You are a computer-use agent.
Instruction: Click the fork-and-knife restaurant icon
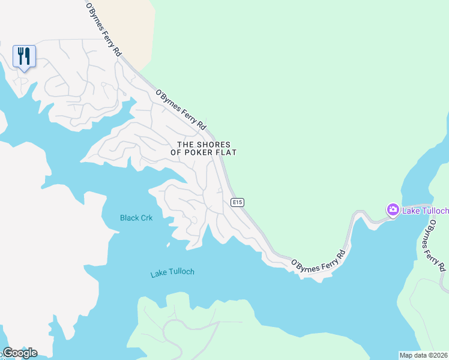pos(24,56)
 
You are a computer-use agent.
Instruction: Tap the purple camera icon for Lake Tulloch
pos(393,210)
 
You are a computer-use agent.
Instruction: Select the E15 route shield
pos(237,203)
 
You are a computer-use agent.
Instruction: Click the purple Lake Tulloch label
pos(425,211)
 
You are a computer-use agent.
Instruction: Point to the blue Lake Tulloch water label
pos(172,272)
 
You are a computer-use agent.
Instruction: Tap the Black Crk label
pos(136,218)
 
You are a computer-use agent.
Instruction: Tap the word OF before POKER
pos(176,152)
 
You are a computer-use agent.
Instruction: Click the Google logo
pos(20,353)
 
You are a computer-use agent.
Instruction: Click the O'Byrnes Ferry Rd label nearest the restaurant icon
pos(104,30)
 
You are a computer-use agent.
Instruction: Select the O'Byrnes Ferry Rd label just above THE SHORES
pos(181,110)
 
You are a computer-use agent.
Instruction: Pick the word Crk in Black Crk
pos(146,218)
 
